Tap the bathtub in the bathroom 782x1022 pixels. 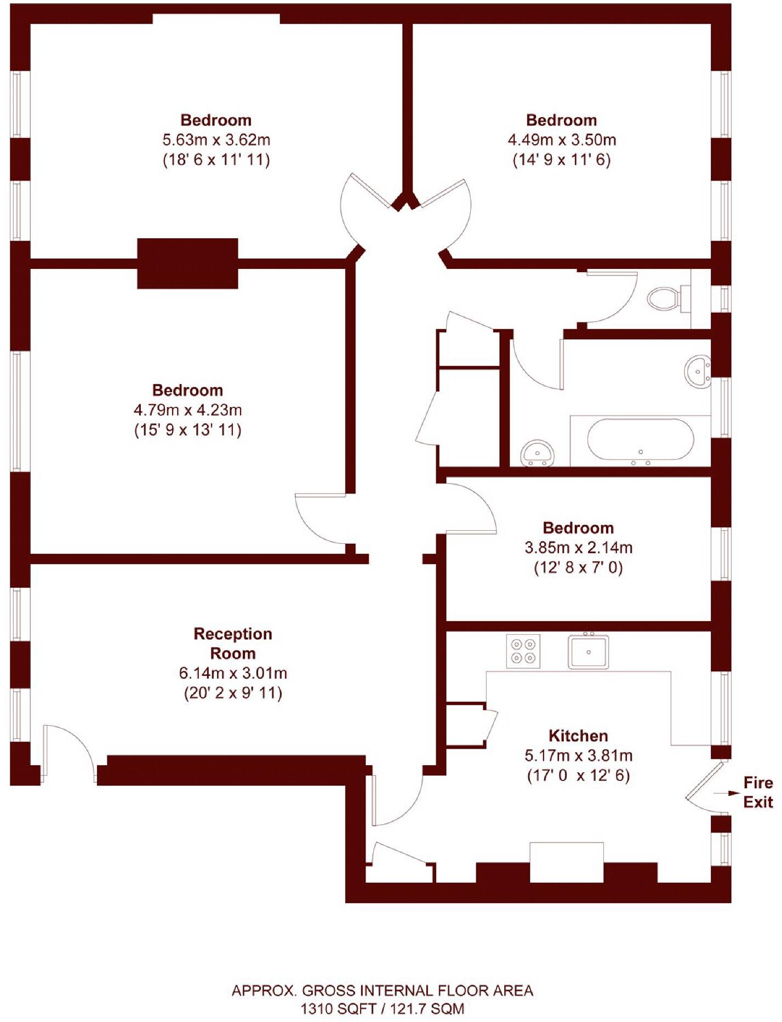(640, 440)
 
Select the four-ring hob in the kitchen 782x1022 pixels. (523, 651)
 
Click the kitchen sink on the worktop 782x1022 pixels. (588, 652)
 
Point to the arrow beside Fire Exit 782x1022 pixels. (724, 793)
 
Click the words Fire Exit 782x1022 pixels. (758, 793)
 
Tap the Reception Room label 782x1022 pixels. (233, 644)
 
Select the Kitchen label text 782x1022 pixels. (578, 736)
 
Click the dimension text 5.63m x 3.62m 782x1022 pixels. (216, 140)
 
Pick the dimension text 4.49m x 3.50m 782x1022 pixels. (562, 140)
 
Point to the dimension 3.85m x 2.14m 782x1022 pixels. (578, 547)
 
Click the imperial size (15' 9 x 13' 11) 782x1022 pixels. (188, 430)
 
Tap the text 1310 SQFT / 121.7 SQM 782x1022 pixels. (382, 1008)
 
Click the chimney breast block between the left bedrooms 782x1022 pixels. (187, 263)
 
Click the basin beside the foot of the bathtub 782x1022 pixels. (538, 452)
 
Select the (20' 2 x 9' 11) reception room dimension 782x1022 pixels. (233, 693)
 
